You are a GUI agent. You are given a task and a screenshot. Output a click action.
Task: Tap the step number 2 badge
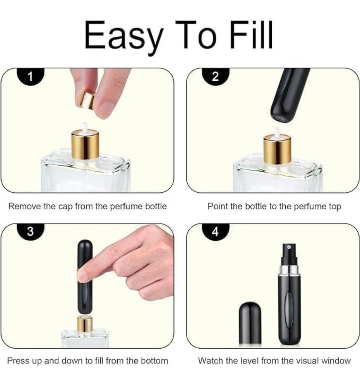(x=216, y=76)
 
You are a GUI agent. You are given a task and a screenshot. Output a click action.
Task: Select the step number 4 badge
(x=216, y=231)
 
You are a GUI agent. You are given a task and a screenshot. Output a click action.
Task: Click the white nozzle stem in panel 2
(x=277, y=131)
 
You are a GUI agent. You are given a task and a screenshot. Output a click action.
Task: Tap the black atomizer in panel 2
(x=288, y=95)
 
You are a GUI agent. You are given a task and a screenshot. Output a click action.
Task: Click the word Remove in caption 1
(x=25, y=206)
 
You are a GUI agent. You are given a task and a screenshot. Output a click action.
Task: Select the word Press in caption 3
(x=18, y=361)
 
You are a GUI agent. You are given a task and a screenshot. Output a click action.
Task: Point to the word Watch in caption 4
(x=211, y=361)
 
